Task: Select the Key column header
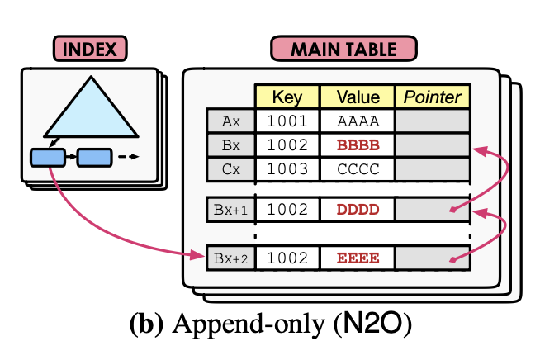286,97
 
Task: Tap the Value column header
358,97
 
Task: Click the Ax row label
230,121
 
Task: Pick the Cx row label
230,168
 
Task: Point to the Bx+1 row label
230,209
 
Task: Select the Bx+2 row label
230,258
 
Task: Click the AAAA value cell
358,121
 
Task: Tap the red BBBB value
358,144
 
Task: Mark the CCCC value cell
358,168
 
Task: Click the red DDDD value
358,209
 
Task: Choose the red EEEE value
358,258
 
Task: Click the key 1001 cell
286,121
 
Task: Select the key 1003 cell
286,168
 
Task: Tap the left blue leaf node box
48,156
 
